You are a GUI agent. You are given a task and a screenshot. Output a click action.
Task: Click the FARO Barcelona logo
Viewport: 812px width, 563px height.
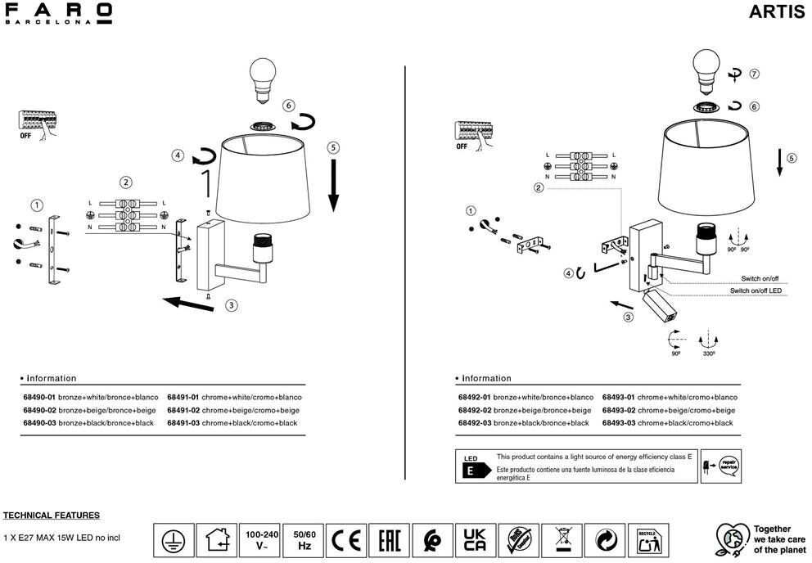click(x=58, y=14)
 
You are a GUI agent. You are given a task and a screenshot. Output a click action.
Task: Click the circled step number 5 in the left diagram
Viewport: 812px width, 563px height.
click(x=332, y=148)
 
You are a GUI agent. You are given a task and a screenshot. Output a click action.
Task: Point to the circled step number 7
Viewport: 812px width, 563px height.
click(x=754, y=74)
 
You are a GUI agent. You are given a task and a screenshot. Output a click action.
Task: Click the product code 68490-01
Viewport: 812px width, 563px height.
click(x=39, y=397)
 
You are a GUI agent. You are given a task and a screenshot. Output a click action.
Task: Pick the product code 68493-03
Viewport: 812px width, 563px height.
click(x=619, y=423)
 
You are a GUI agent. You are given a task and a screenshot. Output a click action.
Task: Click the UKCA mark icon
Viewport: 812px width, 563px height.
click(x=474, y=541)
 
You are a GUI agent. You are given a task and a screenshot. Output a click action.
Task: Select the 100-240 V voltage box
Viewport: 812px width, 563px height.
click(x=260, y=541)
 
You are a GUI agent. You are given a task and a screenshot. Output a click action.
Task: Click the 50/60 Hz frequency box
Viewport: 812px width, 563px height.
click(x=304, y=541)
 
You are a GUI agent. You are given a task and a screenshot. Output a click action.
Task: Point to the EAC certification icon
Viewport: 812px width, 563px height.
click(x=389, y=541)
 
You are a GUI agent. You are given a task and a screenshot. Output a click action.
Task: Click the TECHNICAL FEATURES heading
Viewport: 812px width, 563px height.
click(x=52, y=516)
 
